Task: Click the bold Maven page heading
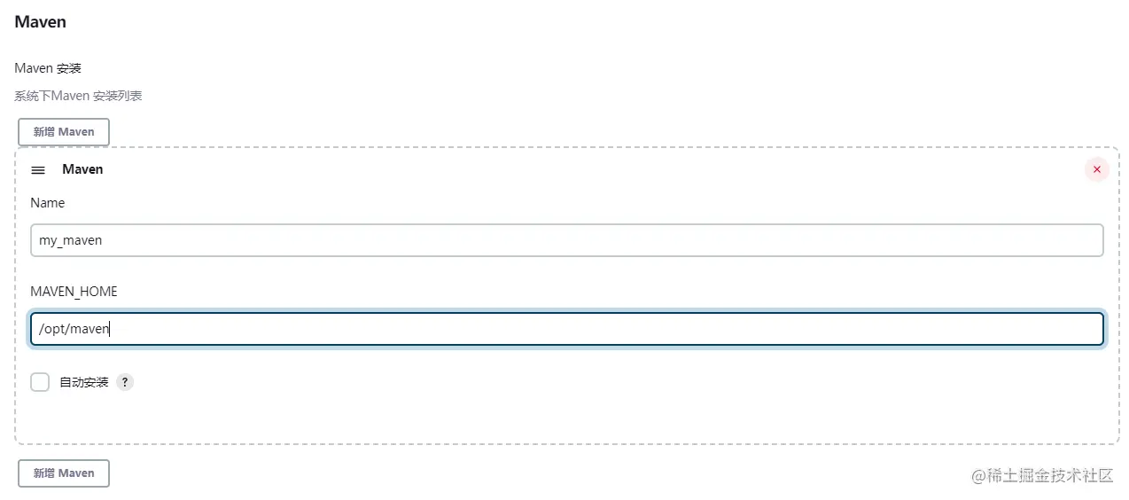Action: pyautogui.click(x=40, y=22)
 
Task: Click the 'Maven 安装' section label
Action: pyautogui.click(x=48, y=68)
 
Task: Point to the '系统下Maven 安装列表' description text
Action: pyautogui.click(x=78, y=96)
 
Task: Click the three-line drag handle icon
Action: pyautogui.click(x=38, y=170)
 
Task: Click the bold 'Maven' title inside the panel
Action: pyautogui.click(x=82, y=169)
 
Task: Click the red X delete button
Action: pyautogui.click(x=1097, y=169)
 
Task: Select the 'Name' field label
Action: pyautogui.click(x=48, y=203)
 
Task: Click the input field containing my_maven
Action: pyautogui.click(x=567, y=240)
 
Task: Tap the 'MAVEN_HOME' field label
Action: pyautogui.click(x=74, y=292)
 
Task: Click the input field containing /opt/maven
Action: pyautogui.click(x=567, y=329)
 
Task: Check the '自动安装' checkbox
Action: pyautogui.click(x=40, y=382)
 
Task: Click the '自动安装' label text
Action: pyautogui.click(x=84, y=383)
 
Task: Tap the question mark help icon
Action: pyautogui.click(x=125, y=382)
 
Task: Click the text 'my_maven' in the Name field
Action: pyautogui.click(x=71, y=240)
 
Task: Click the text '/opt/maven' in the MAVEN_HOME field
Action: pyautogui.click(x=74, y=329)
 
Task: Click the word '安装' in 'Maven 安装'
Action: pyautogui.click(x=69, y=68)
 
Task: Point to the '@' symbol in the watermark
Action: pyautogui.click(x=978, y=476)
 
